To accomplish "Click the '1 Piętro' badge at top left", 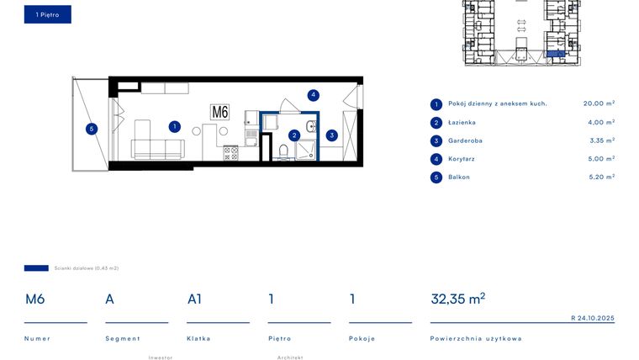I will point(47,14).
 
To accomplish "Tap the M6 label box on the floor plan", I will point(220,112).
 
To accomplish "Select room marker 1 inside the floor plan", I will point(174,127).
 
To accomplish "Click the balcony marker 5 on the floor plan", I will point(92,129).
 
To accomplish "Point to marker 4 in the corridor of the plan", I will point(313,95).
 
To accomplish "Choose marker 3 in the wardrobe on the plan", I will point(332,135).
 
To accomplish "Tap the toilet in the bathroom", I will point(283,151).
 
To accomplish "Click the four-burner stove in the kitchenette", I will point(230,152).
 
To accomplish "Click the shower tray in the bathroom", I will point(305,149).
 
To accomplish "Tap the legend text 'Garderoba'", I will point(465,140).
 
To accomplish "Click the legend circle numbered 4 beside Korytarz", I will point(436,159).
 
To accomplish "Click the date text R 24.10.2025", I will point(593,318).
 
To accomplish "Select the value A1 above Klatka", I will point(194,299).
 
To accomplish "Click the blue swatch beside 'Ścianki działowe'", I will point(36,268).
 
